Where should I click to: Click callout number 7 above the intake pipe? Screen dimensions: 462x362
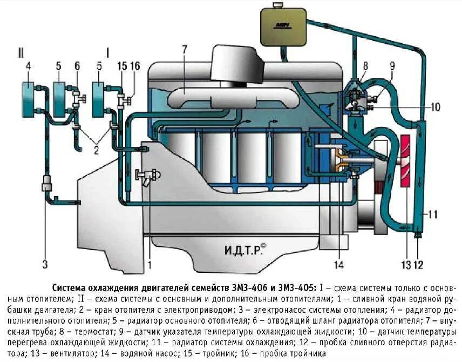[184, 50]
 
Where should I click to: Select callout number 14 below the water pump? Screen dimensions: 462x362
[338, 264]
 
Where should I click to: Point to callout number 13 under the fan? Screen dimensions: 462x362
[405, 264]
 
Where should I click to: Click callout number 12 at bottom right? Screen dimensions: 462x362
[419, 264]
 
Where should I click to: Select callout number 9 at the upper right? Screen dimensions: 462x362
[392, 66]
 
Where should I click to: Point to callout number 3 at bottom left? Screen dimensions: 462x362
[45, 264]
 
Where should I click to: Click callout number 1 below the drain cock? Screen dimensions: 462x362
[150, 264]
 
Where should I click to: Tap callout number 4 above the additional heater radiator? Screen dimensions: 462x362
[28, 66]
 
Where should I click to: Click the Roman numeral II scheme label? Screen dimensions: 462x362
[21, 52]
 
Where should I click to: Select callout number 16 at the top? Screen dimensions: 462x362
[135, 66]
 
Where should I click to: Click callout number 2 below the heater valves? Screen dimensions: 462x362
[96, 150]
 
